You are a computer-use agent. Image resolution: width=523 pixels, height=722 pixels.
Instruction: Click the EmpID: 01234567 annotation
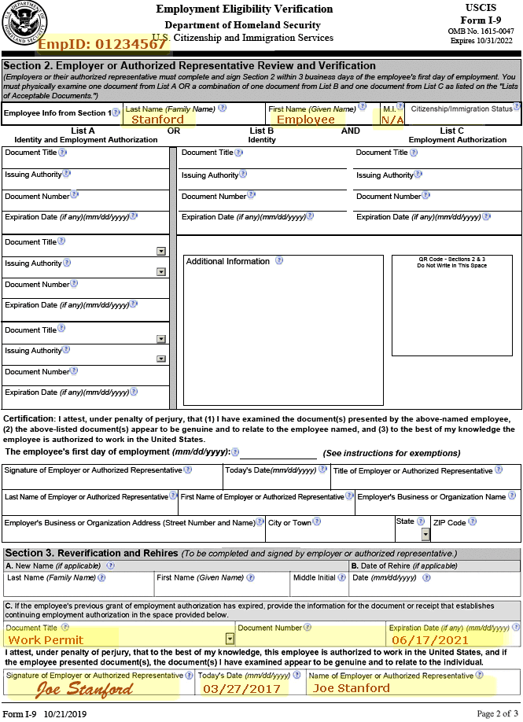pyautogui.click(x=102, y=44)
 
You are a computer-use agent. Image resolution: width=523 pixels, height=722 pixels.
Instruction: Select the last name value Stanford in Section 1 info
pyautogui.click(x=157, y=120)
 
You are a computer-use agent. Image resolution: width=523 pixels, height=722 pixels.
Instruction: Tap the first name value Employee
pyautogui.click(x=306, y=120)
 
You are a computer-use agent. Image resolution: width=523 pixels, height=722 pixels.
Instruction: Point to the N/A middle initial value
pyautogui.click(x=392, y=120)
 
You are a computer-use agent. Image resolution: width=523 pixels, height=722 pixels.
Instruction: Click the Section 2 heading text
pyautogui.click(x=190, y=66)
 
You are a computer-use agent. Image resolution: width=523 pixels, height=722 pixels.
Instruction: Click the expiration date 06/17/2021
pyautogui.click(x=430, y=639)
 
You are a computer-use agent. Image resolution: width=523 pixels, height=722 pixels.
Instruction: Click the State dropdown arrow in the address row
pyautogui.click(x=425, y=535)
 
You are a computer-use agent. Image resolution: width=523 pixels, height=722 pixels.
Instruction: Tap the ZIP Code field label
pyautogui.click(x=449, y=522)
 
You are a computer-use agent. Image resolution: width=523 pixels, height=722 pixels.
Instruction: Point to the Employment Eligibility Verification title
pyautogui.click(x=244, y=9)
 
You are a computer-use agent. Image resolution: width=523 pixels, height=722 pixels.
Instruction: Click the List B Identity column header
pyautogui.click(x=262, y=135)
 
